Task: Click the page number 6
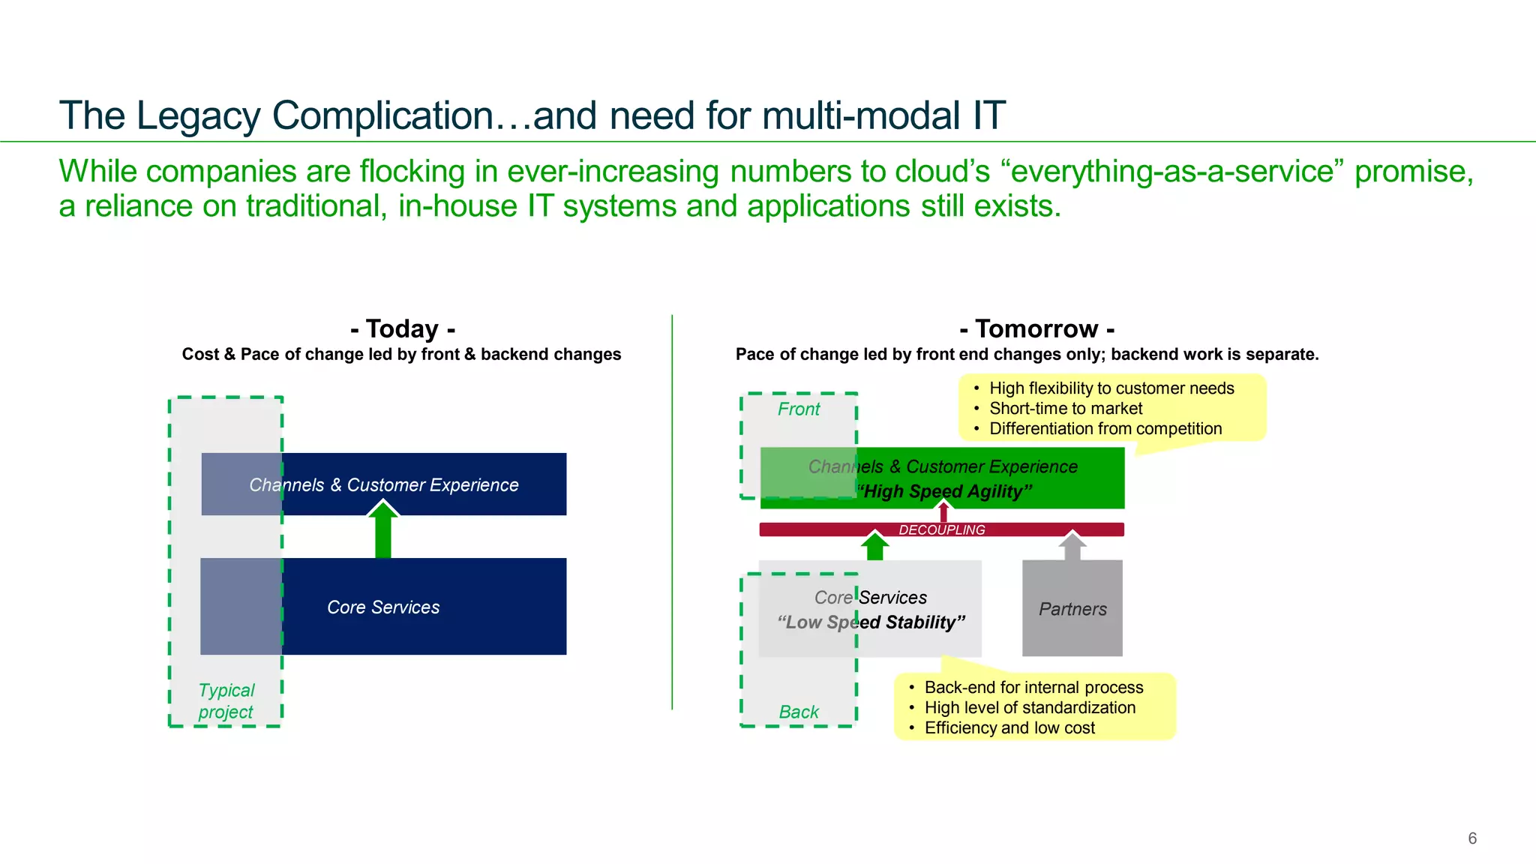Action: [1471, 838]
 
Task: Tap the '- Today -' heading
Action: [402, 328]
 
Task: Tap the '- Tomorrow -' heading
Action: [1036, 328]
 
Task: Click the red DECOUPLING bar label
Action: [942, 529]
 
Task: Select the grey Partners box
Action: [1072, 609]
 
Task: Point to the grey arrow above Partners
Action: [1072, 546]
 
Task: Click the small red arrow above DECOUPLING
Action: [943, 511]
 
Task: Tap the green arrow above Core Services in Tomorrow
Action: [874, 547]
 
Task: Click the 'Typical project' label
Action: [226, 700]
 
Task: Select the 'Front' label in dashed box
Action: [799, 409]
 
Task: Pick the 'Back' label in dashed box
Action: [799, 712]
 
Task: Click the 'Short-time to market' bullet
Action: [1065, 409]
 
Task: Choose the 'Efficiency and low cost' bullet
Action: [1009, 727]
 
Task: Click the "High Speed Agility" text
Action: [945, 492]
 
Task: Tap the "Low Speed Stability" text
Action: [871, 622]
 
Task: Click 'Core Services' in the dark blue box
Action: [383, 607]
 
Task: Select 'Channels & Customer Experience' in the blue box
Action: [384, 485]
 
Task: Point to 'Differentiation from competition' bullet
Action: [1105, 429]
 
